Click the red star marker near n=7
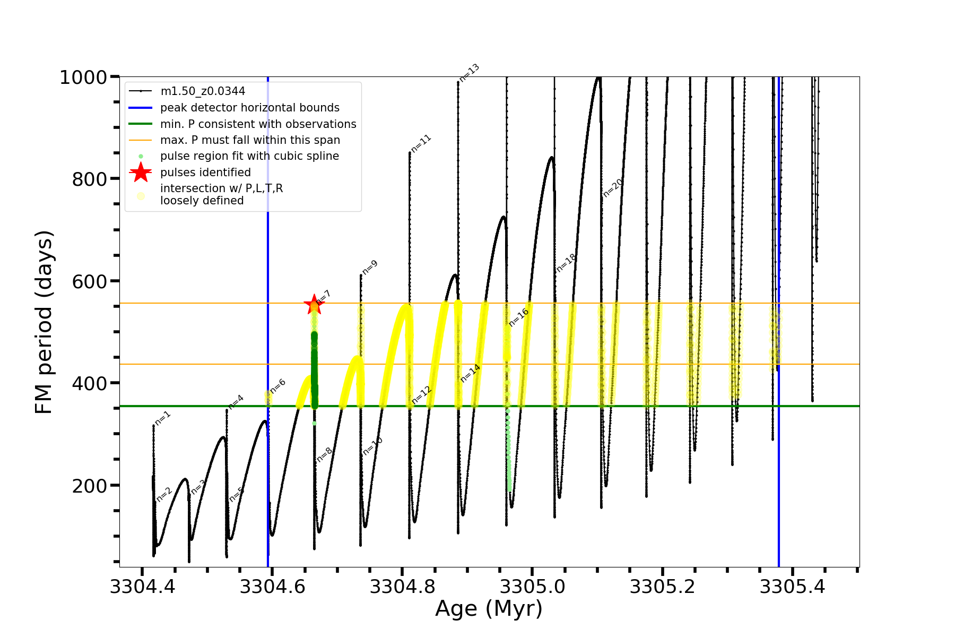[x=314, y=305]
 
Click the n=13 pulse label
[x=469, y=73]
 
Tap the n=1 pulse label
[x=163, y=418]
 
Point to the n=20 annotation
[x=613, y=188]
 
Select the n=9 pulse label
[x=370, y=268]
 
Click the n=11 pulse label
[x=421, y=143]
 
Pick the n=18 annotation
[x=566, y=263]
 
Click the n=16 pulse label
[x=518, y=317]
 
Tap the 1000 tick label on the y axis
[x=83, y=78]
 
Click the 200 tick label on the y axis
[x=89, y=486]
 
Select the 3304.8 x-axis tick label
[x=402, y=587]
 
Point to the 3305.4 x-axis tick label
[x=792, y=587]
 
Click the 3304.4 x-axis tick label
[x=142, y=587]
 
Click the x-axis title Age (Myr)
[x=489, y=609]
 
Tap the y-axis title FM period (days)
[x=44, y=322]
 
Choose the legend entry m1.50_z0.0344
[x=203, y=91]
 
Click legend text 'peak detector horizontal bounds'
[x=249, y=108]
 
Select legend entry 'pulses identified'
[x=205, y=173]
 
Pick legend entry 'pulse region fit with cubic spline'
[x=249, y=156]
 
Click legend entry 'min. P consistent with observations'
[x=258, y=124]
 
